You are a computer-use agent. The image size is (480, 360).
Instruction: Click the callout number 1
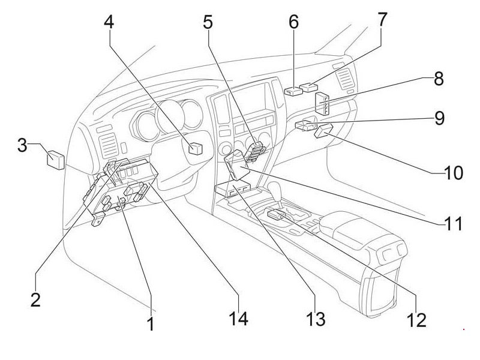151,324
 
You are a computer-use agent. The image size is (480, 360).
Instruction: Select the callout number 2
35,299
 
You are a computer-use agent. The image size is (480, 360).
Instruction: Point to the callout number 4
109,23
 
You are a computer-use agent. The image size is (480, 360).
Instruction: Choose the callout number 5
208,23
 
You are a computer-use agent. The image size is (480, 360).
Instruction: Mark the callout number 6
293,22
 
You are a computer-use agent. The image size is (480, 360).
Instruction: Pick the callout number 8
439,79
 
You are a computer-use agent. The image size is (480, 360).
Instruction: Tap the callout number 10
453,173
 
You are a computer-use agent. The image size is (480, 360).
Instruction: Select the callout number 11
454,224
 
